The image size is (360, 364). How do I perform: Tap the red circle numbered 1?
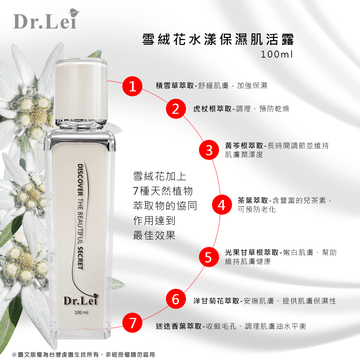(x=133, y=86)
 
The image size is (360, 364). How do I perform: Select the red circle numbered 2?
(x=176, y=109)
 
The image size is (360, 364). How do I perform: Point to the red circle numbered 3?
(x=209, y=150)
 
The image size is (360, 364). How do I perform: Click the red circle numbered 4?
(x=222, y=205)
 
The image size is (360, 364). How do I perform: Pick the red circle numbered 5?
(x=209, y=257)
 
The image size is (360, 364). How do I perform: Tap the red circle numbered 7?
(x=133, y=323)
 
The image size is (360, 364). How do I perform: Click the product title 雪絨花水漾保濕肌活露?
(x=218, y=39)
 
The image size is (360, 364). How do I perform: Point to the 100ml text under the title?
(x=277, y=54)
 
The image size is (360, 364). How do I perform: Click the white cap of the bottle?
(x=81, y=89)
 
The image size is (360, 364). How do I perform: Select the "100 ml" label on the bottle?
(x=81, y=312)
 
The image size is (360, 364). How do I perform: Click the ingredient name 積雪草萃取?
(x=175, y=86)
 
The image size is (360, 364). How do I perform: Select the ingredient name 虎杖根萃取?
(x=212, y=109)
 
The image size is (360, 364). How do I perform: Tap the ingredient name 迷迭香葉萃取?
(x=179, y=326)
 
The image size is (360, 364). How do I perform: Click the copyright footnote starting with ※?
(x=83, y=355)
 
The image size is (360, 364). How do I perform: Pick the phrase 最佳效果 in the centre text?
(x=154, y=235)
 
